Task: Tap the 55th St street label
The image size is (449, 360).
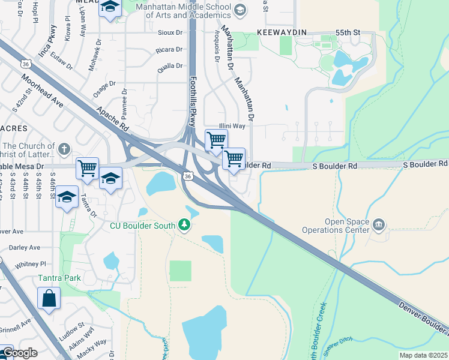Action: [348, 31]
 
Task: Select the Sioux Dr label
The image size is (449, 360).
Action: [170, 32]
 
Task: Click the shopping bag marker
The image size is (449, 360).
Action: [49, 298]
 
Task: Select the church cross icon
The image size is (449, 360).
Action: [64, 148]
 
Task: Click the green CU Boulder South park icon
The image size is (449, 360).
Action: [184, 226]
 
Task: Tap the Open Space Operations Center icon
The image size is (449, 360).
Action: [378, 226]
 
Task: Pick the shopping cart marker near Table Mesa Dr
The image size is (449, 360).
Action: [87, 168]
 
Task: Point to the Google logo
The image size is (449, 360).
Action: [19, 352]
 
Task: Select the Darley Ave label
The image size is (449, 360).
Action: [25, 247]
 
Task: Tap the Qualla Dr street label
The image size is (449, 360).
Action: [169, 67]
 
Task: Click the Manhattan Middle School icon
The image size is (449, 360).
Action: [240, 10]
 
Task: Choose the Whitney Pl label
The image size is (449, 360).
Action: [31, 264]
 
